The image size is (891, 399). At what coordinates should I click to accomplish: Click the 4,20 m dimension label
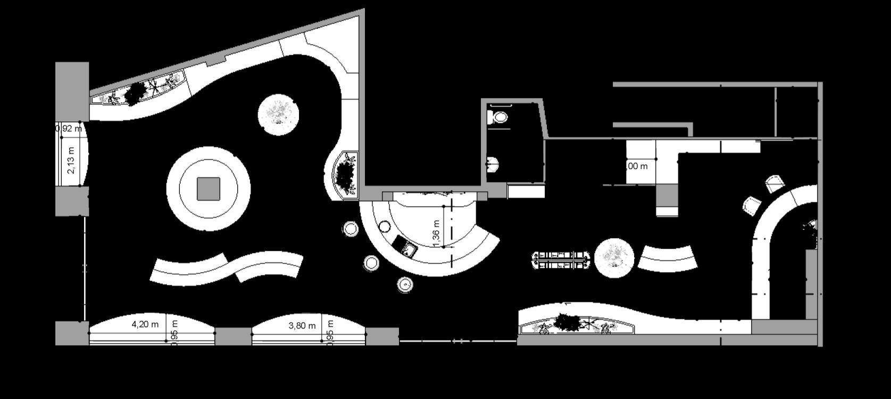(x=145, y=324)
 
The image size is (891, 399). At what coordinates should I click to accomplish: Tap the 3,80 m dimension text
(x=302, y=325)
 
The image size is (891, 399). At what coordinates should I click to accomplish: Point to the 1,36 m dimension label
(x=437, y=233)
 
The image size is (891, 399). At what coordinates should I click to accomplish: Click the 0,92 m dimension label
(x=69, y=128)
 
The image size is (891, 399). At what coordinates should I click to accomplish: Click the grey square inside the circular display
(x=209, y=189)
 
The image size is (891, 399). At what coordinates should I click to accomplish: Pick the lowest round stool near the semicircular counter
(x=405, y=284)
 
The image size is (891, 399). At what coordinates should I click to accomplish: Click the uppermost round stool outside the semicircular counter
(x=351, y=229)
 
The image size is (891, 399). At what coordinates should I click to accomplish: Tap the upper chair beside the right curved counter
(x=775, y=184)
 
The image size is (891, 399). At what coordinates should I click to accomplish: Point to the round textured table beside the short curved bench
(x=614, y=258)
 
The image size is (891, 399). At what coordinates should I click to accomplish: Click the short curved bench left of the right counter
(x=668, y=258)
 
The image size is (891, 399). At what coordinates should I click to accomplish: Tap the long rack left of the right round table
(x=561, y=259)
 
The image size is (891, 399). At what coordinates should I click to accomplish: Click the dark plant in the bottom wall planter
(x=568, y=322)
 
